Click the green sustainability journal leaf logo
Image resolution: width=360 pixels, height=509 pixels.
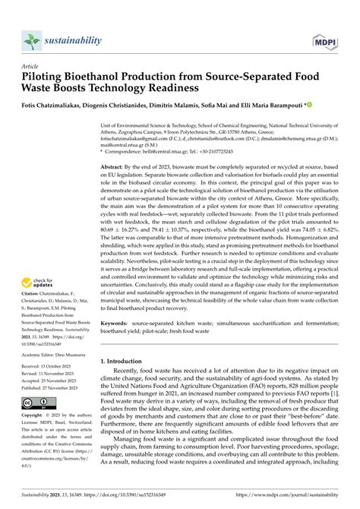point(33,40)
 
